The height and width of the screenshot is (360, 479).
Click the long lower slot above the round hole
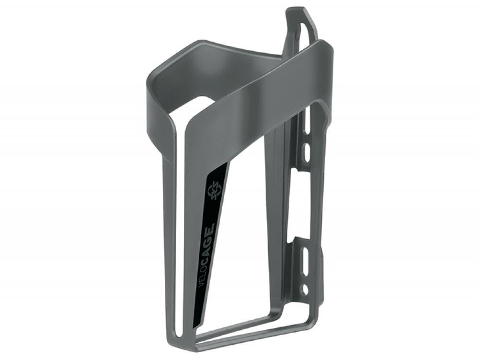[x=304, y=262]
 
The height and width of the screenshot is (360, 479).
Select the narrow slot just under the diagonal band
[x=307, y=121]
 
